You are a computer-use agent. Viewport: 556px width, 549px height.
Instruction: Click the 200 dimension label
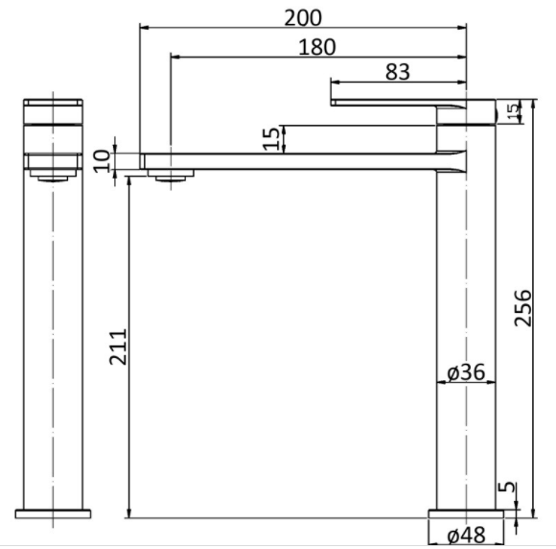pyautogui.click(x=303, y=17)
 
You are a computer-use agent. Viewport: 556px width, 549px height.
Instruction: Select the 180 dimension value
pyautogui.click(x=316, y=47)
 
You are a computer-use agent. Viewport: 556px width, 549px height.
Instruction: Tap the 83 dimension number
pyautogui.click(x=397, y=72)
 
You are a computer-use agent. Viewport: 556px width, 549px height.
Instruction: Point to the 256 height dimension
pyautogui.click(x=523, y=308)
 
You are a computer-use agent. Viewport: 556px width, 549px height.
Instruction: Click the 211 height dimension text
pyautogui.click(x=118, y=346)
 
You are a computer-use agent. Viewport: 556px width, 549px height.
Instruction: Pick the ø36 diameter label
pyautogui.click(x=466, y=372)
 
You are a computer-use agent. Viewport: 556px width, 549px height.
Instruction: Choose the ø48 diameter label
pyautogui.click(x=466, y=535)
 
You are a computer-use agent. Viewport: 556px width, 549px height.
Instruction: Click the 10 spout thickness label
pyautogui.click(x=102, y=161)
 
